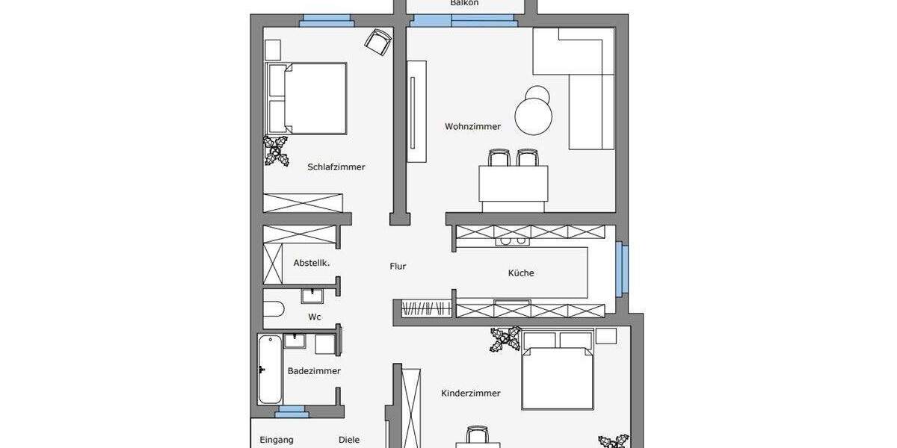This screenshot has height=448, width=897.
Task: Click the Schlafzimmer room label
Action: pyautogui.click(x=336, y=167)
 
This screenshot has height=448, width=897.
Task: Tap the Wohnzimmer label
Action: pyautogui.click(x=472, y=127)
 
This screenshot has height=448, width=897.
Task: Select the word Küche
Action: pyautogui.click(x=521, y=273)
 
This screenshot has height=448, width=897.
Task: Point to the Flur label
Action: pyautogui.click(x=398, y=267)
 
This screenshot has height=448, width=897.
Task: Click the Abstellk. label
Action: pyautogui.click(x=312, y=264)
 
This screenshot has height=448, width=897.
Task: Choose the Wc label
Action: pyautogui.click(x=315, y=317)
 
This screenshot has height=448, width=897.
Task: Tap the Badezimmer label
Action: pyautogui.click(x=314, y=371)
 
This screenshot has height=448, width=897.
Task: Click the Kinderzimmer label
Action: pyautogui.click(x=471, y=393)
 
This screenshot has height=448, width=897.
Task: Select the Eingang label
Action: pyautogui.click(x=277, y=440)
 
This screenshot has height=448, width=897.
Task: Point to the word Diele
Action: pyautogui.click(x=349, y=440)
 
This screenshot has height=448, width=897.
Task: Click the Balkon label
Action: pyautogui.click(x=464, y=4)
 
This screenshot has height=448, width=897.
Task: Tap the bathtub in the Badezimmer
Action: pyautogui.click(x=270, y=369)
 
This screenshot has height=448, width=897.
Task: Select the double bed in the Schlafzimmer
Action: pyautogui.click(x=307, y=99)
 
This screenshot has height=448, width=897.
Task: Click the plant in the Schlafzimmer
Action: pyautogui.click(x=277, y=150)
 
